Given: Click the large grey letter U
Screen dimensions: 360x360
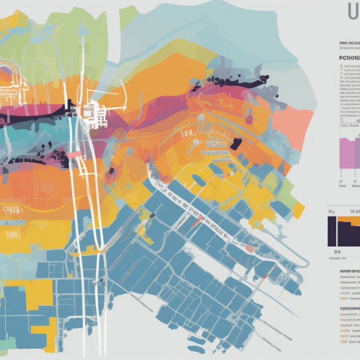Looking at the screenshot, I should coord(353,13).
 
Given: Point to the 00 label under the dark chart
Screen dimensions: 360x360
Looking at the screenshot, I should coord(337,252).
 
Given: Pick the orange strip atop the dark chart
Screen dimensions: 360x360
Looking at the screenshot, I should coord(348,220).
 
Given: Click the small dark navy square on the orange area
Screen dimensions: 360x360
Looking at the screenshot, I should coord(236,143).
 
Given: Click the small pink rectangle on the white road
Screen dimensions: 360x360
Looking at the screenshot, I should coord(74,155).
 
